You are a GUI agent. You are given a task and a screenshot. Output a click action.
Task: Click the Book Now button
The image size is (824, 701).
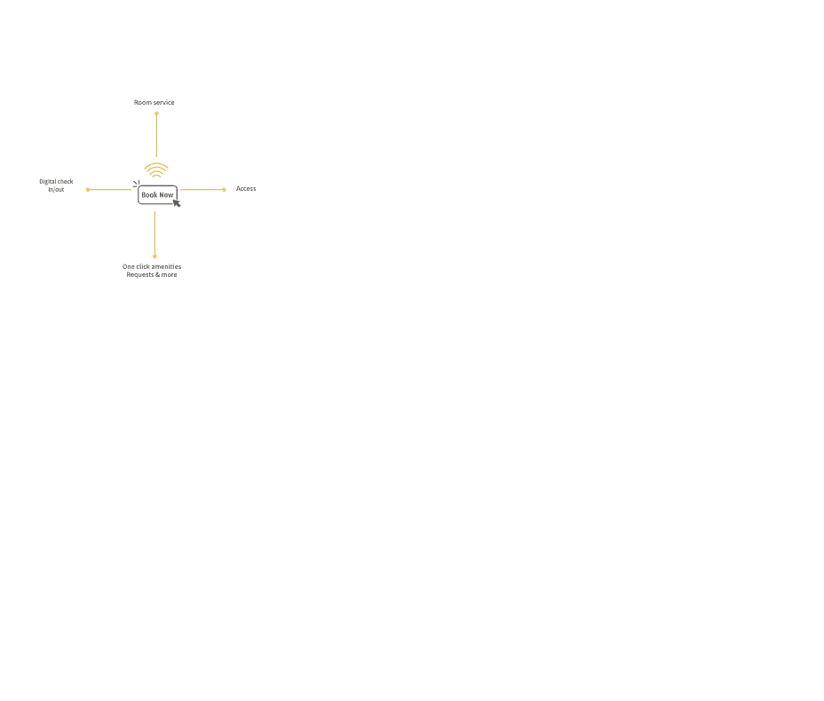(158, 195)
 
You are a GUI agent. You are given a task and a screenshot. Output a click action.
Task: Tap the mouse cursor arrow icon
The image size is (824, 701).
(177, 203)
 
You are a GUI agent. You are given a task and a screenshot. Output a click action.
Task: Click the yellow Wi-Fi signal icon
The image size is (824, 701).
(156, 170)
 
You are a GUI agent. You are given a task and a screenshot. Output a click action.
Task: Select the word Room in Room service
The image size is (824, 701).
(142, 102)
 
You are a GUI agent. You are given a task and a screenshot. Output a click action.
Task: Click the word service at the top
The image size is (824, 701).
(164, 102)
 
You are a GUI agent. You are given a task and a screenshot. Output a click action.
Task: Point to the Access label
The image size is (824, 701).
(246, 188)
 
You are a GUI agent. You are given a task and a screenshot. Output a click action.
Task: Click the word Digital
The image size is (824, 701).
(47, 182)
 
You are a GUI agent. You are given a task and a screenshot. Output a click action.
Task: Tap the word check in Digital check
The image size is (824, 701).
(65, 182)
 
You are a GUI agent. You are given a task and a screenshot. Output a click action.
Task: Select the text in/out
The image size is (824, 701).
(56, 190)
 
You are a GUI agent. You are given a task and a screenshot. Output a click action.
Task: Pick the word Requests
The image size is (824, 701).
(139, 274)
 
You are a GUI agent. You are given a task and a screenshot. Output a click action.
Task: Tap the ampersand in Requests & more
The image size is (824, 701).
(158, 274)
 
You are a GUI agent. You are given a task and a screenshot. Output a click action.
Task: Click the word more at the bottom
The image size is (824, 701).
(170, 274)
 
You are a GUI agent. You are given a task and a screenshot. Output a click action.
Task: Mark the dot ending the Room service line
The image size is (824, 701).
(156, 114)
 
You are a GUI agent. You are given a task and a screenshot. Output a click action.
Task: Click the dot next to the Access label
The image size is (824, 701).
(225, 190)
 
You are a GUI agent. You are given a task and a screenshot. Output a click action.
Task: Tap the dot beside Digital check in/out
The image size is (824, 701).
(88, 190)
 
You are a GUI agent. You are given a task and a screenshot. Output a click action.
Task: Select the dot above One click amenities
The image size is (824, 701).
(154, 256)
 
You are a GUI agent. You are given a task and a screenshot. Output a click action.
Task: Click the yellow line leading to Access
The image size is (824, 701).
(202, 190)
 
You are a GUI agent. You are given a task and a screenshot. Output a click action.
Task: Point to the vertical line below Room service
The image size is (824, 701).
(156, 135)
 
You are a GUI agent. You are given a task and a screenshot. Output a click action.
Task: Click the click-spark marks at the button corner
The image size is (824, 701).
(136, 184)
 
